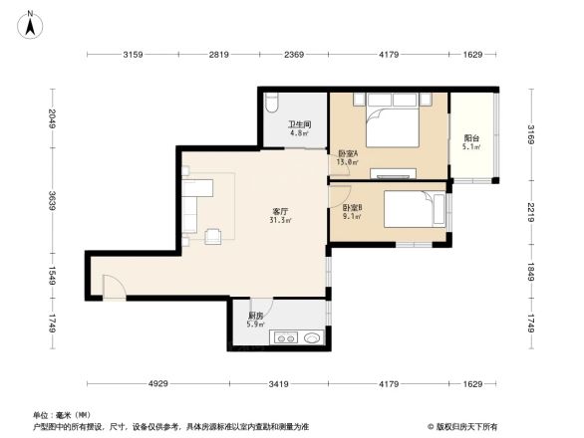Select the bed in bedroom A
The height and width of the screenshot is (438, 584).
pos(391,126)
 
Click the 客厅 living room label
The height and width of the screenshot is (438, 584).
pos(280,211)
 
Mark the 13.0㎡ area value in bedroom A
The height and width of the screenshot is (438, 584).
pos(346,161)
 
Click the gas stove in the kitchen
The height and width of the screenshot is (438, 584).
pos(287,338)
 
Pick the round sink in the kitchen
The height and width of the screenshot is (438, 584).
pos(312,338)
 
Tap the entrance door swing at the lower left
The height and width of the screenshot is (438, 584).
pos(114,287)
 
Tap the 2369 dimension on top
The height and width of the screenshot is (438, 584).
pos(293,54)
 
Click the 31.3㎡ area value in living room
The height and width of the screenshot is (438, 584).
pos(280,221)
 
